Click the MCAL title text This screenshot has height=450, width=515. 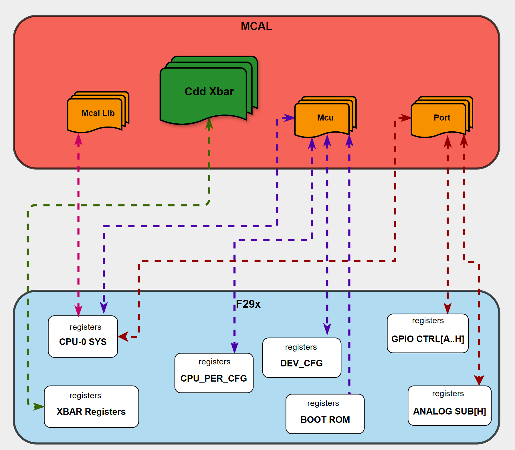256,26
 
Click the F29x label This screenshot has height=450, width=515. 248,304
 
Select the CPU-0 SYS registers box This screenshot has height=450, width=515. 83,336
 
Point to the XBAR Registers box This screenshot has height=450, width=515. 91,406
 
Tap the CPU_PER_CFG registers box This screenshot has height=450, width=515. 214,373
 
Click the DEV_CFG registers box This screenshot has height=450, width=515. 302,358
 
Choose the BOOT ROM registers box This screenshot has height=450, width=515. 325,414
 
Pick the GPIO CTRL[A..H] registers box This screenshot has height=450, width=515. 427,333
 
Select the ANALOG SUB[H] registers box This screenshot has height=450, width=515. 449,405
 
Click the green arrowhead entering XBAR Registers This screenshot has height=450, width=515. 39,406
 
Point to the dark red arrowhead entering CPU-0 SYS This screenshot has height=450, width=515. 124,337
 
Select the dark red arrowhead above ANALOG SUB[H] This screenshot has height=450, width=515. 479,380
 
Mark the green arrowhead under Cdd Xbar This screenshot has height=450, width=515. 209,124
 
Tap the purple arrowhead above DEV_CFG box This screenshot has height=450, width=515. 327,329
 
